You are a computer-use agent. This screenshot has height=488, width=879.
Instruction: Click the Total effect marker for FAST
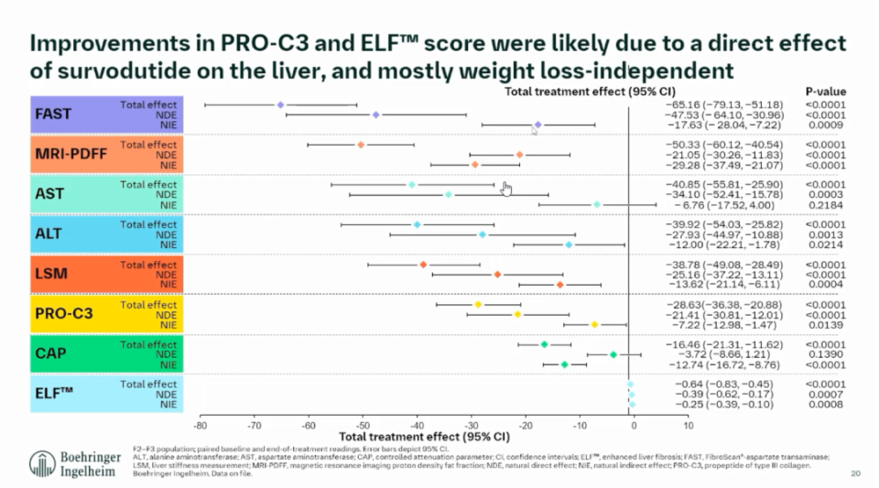pyautogui.click(x=280, y=105)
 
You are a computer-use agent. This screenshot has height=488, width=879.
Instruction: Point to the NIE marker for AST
pyautogui.click(x=597, y=205)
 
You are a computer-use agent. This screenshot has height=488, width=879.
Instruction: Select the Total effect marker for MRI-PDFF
pyautogui.click(x=361, y=145)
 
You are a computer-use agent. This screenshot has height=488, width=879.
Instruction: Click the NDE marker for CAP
pyautogui.click(x=613, y=354)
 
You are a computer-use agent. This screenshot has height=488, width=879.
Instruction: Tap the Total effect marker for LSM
pyautogui.click(x=423, y=265)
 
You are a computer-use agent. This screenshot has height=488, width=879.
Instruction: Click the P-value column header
pyautogui.click(x=825, y=92)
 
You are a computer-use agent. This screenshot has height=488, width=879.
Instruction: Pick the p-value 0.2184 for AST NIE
pyautogui.click(x=825, y=205)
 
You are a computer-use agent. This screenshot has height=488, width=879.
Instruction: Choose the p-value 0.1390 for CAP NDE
pyautogui.click(x=825, y=354)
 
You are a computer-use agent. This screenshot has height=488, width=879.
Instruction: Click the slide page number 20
pyautogui.click(x=856, y=473)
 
